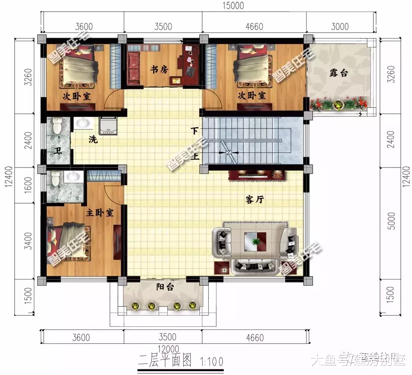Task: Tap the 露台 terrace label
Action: [338, 72]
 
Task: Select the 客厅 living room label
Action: [255, 199]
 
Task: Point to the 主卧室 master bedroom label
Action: [99, 213]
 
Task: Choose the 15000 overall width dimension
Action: [233, 6]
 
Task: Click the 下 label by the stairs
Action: [195, 131]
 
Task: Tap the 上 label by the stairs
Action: [195, 156]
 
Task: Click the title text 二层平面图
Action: [164, 360]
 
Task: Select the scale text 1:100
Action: [212, 361]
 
